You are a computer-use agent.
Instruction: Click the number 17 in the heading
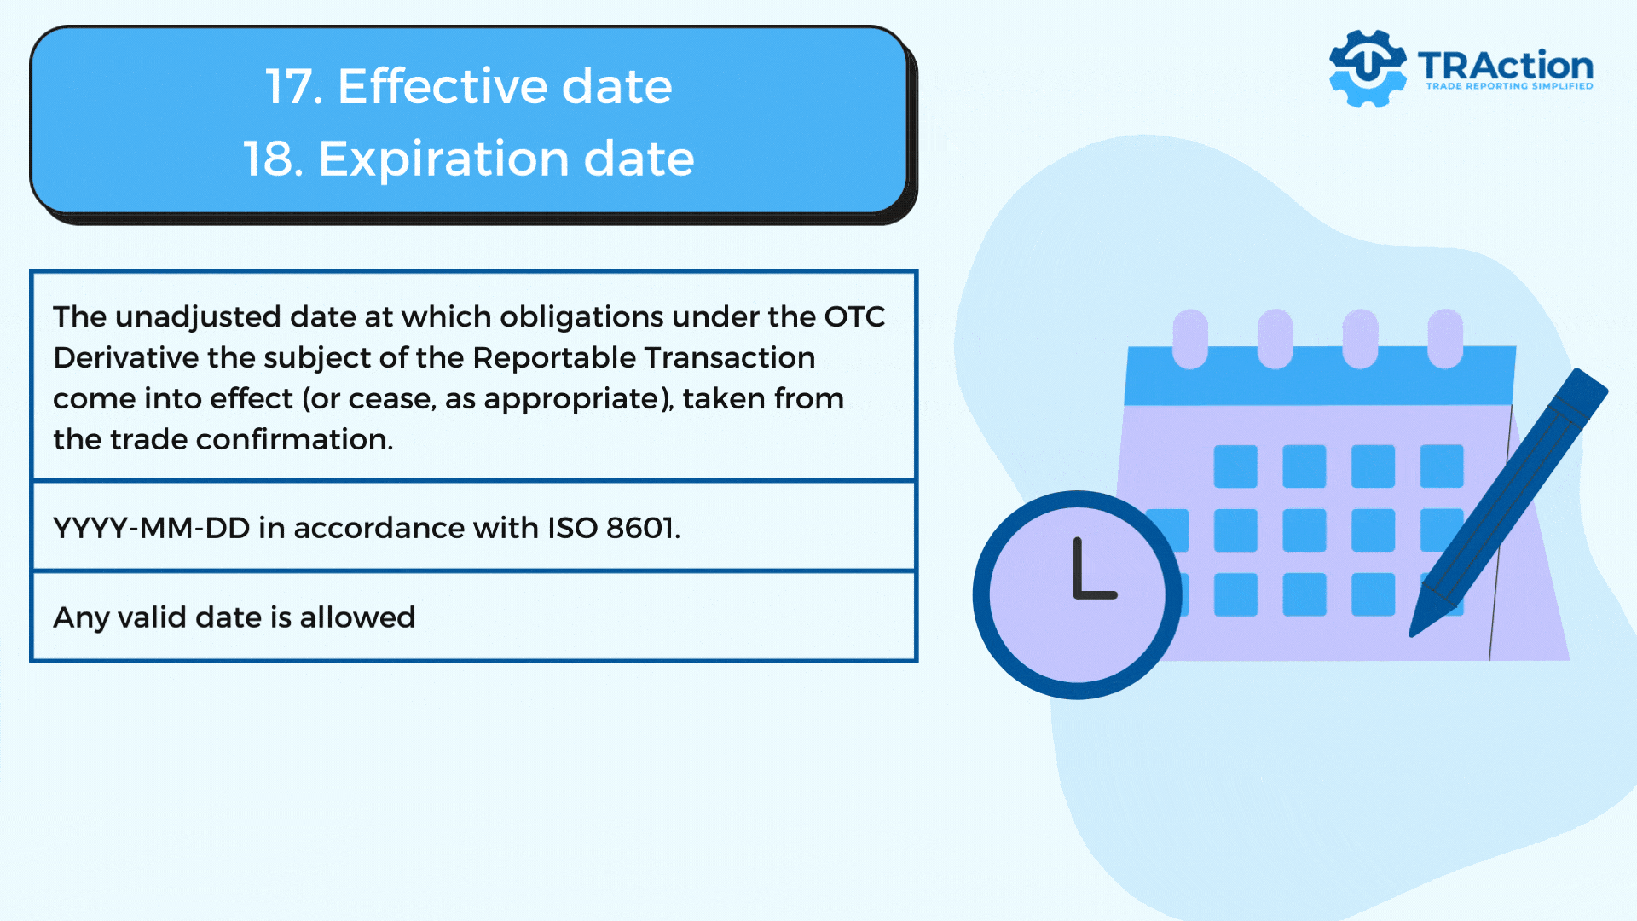pos(293,86)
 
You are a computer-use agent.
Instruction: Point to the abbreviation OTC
pos(854,317)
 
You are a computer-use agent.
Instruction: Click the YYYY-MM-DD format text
pos(152,529)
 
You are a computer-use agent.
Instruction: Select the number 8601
pos(643,529)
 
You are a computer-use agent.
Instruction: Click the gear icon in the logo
pos(1368,68)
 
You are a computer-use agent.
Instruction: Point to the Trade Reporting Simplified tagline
pos(1510,86)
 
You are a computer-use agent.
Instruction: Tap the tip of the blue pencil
pos(1411,634)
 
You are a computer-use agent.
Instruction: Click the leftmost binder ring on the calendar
pos(1190,339)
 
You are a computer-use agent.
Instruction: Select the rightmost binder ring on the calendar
pos(1445,339)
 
